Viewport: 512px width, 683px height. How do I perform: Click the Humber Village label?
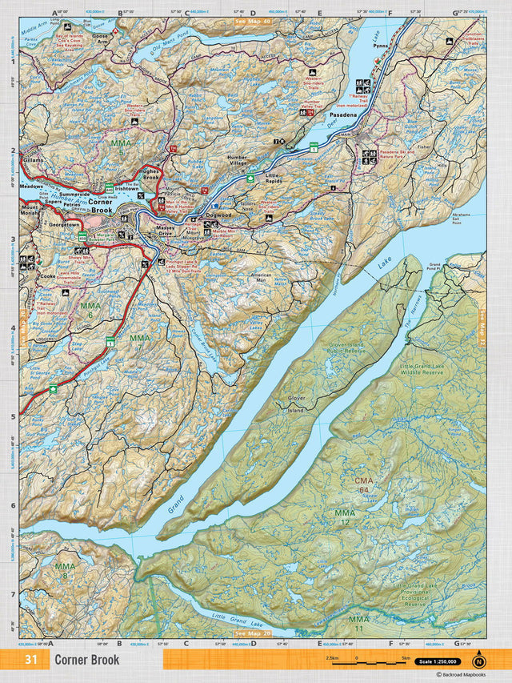[x=238, y=160]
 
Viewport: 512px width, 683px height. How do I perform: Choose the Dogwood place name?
[x=218, y=215]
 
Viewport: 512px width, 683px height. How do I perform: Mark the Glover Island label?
[x=296, y=408]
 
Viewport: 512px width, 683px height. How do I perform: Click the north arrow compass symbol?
[x=478, y=661]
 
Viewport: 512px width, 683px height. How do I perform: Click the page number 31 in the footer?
[x=31, y=660]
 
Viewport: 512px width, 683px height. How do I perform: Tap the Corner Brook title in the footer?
[x=87, y=660]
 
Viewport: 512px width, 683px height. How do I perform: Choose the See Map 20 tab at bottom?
[x=253, y=633]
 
